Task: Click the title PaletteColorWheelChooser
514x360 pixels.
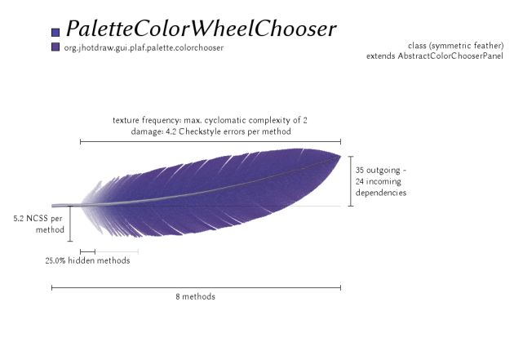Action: click(202, 29)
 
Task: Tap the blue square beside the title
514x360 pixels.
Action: click(55, 32)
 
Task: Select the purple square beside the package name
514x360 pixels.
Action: click(55, 47)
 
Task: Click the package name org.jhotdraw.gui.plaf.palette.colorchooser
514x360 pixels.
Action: click(144, 48)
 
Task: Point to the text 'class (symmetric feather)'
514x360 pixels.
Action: click(455, 46)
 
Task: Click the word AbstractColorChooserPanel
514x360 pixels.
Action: click(450, 56)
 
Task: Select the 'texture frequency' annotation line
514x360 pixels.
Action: click(210, 120)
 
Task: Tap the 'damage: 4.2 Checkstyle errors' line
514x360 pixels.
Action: click(210, 131)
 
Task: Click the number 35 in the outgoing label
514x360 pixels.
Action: click(360, 170)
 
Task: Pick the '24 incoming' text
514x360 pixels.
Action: click(379, 181)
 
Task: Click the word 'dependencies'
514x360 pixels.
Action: click(381, 193)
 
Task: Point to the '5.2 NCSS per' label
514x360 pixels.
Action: click(38, 218)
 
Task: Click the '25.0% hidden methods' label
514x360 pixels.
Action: click(87, 260)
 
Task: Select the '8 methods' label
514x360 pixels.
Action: click(195, 296)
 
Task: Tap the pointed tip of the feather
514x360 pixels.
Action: click(340, 156)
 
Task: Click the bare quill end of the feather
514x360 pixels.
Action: click(52, 206)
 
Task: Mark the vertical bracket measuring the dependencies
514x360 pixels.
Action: click(351, 181)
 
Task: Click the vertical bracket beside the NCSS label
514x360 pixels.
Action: click(70, 224)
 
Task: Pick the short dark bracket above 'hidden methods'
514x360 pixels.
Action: click(87, 251)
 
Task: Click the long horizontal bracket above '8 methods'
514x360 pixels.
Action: click(196, 288)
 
